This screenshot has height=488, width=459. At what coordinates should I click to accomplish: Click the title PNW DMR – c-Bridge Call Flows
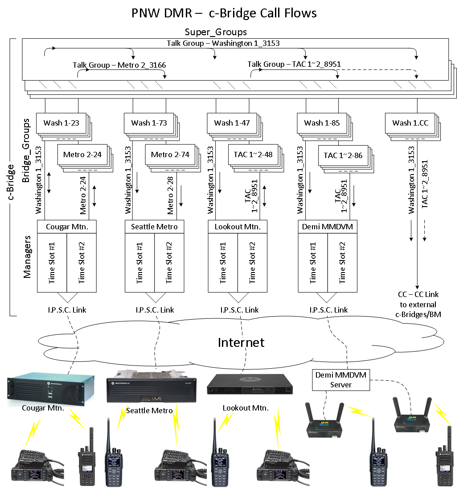coord(224,13)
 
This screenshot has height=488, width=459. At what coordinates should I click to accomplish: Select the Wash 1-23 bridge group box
coord(61,123)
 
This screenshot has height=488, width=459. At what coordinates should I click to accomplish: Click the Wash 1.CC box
coord(410,123)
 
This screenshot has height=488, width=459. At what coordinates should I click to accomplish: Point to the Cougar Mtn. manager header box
coord(66,227)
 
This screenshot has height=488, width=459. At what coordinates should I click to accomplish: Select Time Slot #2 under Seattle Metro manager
coord(169,263)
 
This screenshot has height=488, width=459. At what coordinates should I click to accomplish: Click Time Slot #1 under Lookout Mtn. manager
coord(223,263)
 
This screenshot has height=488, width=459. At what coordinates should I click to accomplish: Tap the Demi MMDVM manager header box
coord(328,227)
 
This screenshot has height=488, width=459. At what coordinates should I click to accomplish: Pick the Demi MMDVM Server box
coord(341,380)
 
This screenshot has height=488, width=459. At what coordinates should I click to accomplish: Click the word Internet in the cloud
coord(241,342)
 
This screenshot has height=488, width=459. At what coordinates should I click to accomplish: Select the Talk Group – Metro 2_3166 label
coord(119,65)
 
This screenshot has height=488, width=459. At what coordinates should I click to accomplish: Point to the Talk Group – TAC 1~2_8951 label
coord(294,64)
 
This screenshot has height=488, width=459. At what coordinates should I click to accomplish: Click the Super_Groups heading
coord(216,32)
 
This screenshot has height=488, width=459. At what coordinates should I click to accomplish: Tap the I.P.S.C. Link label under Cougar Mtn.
coord(66,310)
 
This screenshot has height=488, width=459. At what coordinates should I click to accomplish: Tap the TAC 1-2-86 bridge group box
coord(343,155)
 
